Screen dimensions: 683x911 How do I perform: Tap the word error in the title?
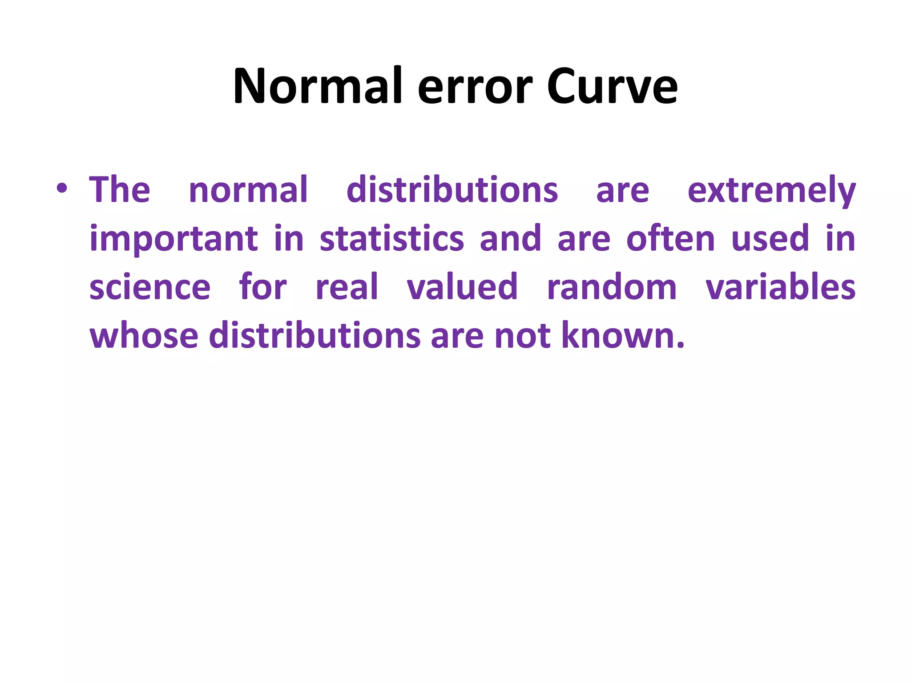[x=475, y=87]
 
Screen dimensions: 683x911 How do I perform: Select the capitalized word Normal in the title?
[x=318, y=87]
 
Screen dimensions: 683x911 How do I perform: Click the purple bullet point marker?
[x=62, y=189]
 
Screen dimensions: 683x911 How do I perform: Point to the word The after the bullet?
[x=120, y=190]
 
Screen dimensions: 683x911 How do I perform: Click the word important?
[x=173, y=239]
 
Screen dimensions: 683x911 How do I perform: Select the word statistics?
[x=392, y=239]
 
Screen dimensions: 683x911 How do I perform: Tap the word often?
[x=670, y=239]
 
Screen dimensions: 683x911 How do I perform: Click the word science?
[x=150, y=287]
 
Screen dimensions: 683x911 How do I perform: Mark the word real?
[x=347, y=287]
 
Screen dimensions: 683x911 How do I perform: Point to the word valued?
[x=462, y=287]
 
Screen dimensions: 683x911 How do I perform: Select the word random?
[x=612, y=287]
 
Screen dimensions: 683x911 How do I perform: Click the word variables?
[x=781, y=287]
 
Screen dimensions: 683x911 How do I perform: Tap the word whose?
[x=144, y=335]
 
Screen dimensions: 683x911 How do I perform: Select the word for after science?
[x=263, y=287]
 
